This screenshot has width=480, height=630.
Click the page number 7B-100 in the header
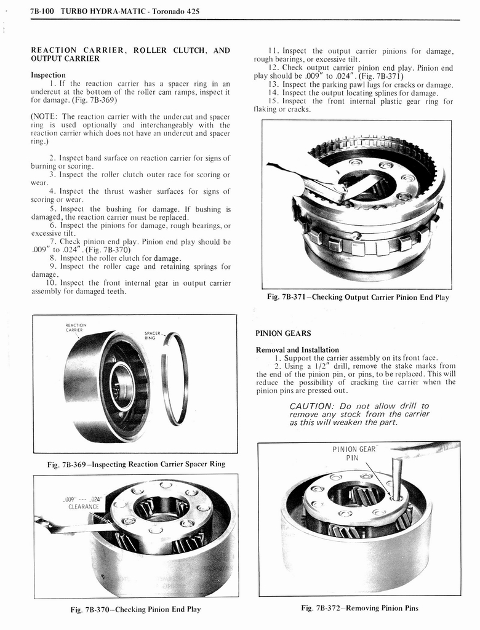[x=42, y=11]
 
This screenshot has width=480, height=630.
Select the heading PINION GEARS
[x=283, y=333]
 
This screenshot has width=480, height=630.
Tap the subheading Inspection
[x=48, y=75]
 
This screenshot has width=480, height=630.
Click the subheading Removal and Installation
[x=297, y=349]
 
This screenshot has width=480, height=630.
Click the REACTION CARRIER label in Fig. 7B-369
[x=76, y=327]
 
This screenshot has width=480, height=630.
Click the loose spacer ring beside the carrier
[x=175, y=378]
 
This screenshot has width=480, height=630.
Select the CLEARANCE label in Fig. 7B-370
[x=84, y=507]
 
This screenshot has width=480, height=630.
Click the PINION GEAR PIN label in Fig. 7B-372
[x=353, y=453]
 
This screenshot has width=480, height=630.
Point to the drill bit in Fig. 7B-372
[x=397, y=477]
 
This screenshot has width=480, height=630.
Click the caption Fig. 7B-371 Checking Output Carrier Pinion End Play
[x=358, y=297]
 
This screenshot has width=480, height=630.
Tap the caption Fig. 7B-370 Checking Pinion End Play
[x=135, y=609]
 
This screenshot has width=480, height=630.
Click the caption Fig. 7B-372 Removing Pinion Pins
[x=359, y=608]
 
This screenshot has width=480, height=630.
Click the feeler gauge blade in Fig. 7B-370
[x=74, y=527]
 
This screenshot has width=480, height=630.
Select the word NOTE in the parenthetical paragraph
[x=46, y=117]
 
